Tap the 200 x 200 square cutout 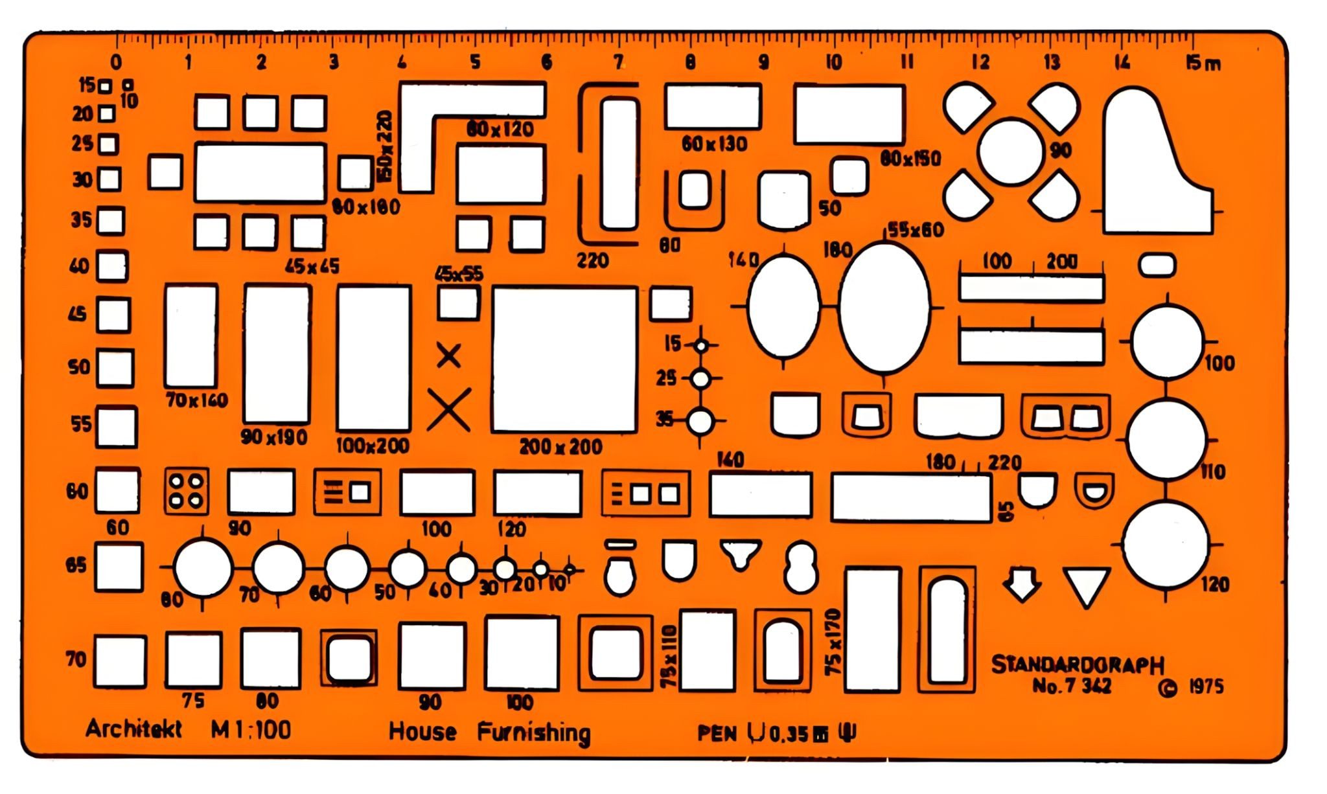click(564, 359)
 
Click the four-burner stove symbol click(187, 491)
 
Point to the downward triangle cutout click(1087, 585)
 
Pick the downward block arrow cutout click(1022, 583)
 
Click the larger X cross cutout click(448, 410)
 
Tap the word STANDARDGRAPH click(1077, 664)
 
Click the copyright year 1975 click(1206, 687)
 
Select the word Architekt click(133, 729)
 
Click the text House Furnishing click(489, 732)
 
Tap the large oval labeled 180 click(884, 308)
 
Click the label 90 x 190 click(273, 437)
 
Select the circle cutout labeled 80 click(203, 568)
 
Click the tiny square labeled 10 click(128, 85)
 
